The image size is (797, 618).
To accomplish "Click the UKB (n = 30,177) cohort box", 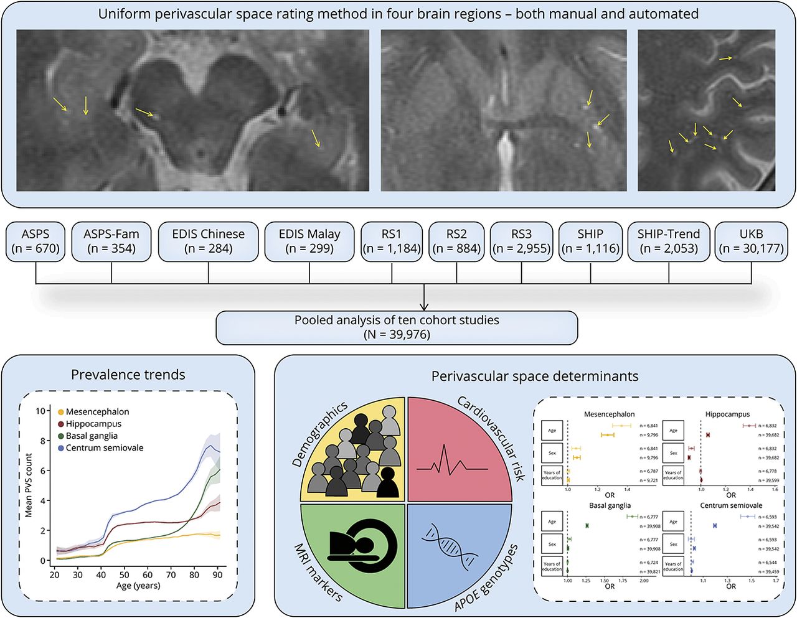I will tap(751, 241).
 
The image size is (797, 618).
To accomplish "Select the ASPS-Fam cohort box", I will tap(111, 241).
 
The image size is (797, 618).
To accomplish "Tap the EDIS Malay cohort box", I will tap(309, 241).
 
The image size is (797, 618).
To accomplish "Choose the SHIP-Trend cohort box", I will tap(669, 241).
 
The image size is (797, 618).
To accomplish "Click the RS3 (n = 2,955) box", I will tap(522, 241).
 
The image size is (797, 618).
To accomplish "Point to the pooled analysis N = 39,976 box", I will tap(397, 327).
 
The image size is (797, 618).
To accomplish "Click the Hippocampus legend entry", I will tap(93, 424).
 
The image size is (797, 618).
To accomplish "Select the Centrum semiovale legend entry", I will tap(104, 448).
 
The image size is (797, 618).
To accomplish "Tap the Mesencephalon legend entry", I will tap(97, 412).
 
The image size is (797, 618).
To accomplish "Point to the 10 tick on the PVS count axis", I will tap(41, 411).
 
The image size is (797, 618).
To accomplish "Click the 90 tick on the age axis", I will tap(217, 574).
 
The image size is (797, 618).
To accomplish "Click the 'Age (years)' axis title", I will tap(138, 586).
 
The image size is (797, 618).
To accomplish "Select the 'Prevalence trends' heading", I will tap(128, 375).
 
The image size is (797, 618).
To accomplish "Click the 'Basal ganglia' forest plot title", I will tap(610, 505).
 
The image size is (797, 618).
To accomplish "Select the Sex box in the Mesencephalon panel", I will tap(552, 452).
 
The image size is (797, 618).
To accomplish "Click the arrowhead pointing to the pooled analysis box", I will tap(424, 306).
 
